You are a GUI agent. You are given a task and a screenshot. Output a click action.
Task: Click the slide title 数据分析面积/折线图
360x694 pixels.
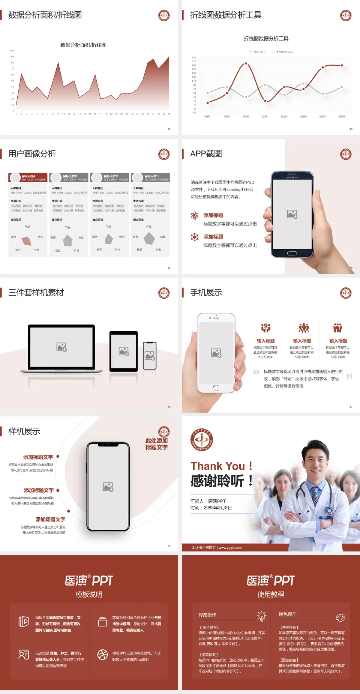(x=45, y=15)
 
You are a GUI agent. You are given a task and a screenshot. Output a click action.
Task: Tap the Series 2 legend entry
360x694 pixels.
(x=285, y=52)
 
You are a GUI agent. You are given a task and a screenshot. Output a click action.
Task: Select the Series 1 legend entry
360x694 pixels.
(x=258, y=52)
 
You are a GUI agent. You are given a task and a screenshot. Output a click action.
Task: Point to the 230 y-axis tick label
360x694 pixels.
(x=194, y=57)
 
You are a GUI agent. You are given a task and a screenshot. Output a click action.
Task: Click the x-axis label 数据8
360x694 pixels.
(x=342, y=117)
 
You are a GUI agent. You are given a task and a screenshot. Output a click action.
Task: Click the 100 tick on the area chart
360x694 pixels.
(x=12, y=51)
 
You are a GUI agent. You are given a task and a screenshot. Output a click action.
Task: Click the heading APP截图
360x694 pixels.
(x=206, y=154)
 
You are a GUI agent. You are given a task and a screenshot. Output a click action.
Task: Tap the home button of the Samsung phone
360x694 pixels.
(x=292, y=253)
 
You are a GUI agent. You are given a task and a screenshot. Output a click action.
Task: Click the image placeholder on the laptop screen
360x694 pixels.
(x=61, y=347)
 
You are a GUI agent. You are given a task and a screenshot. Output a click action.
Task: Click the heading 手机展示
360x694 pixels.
(x=206, y=293)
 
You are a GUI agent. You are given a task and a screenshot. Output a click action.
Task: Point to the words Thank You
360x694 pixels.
(x=217, y=466)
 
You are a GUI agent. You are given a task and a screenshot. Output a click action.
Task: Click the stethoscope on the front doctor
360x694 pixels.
(x=329, y=510)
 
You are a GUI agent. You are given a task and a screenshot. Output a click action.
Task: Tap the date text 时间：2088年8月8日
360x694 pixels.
(x=211, y=508)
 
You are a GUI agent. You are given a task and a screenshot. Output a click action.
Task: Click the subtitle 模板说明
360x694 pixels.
(x=89, y=595)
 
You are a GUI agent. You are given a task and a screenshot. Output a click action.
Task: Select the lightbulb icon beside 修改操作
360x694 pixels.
(x=261, y=616)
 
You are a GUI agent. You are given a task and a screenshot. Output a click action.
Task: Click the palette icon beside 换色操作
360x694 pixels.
(x=340, y=617)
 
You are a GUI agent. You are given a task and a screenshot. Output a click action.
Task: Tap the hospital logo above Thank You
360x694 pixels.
(x=202, y=439)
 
